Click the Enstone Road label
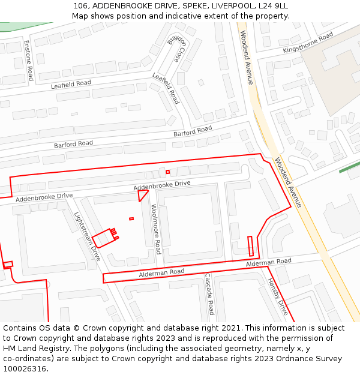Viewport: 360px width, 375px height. coord(29,61)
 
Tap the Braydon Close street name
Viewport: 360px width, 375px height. coord(177,48)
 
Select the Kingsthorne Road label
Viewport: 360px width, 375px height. coord(308,43)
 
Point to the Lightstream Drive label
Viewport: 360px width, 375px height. coord(88,236)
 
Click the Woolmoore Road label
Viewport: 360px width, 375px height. coord(156,229)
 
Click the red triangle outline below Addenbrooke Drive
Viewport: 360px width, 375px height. coord(142,195)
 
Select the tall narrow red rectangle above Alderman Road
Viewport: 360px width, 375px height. coord(251,246)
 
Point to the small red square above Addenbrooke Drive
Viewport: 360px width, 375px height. coord(168,172)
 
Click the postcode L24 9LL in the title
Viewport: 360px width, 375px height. coord(273,5)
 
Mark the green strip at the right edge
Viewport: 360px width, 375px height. coord(349,167)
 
